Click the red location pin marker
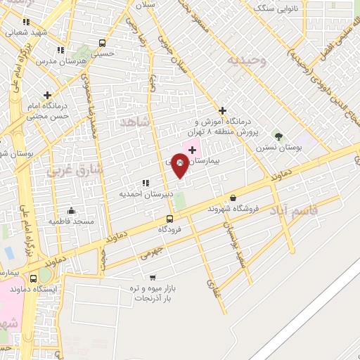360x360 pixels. (180, 166)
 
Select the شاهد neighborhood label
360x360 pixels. (136, 122)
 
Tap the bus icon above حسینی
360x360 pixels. (103, 43)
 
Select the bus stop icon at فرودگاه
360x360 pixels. (169, 219)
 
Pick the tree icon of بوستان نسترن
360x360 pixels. (278, 136)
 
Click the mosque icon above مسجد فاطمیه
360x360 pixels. (71, 210)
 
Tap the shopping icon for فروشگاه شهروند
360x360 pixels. (233, 198)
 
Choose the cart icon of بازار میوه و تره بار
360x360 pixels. (153, 277)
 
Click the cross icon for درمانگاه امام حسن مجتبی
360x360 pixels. (47, 95)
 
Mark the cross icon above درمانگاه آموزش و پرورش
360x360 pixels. (222, 110)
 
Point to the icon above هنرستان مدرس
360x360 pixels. (60, 51)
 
